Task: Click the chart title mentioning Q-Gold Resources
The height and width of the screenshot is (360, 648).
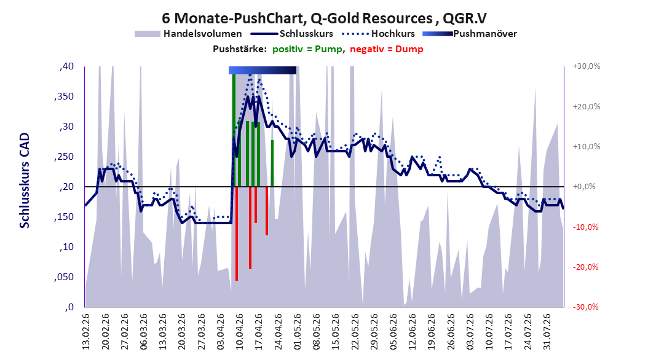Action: pyautogui.click(x=324, y=18)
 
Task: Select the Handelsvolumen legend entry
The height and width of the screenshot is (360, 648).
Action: pyautogui.click(x=189, y=34)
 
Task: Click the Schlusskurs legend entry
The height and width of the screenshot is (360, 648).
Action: pyautogui.click(x=292, y=34)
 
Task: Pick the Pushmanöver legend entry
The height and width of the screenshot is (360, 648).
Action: pyautogui.click(x=470, y=34)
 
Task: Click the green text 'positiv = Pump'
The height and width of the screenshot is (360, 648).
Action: pyautogui.click(x=307, y=49)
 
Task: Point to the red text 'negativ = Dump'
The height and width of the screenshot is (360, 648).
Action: pyautogui.click(x=387, y=49)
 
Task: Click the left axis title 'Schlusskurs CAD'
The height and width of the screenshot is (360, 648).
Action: pyautogui.click(x=25, y=181)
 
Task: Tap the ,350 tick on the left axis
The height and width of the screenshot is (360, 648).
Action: pyautogui.click(x=64, y=96)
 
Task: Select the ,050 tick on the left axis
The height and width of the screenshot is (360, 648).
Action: pyautogui.click(x=64, y=277)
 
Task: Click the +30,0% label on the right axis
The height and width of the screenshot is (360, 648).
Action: pyautogui.click(x=587, y=66)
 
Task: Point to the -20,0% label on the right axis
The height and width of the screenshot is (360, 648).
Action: pyautogui.click(x=585, y=267)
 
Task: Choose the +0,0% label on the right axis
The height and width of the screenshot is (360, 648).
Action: pyautogui.click(x=584, y=187)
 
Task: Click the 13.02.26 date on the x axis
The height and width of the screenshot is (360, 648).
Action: pyautogui.click(x=86, y=332)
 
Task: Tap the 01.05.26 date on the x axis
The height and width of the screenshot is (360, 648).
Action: pyautogui.click(x=297, y=332)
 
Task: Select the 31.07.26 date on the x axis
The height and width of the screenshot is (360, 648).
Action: pyautogui.click(x=547, y=332)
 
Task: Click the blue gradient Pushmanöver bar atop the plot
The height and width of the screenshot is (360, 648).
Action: pyautogui.click(x=263, y=70)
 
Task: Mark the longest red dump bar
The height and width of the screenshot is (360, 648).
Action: pyautogui.click(x=237, y=233)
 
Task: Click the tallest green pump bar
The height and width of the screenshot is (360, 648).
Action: pyautogui.click(x=234, y=130)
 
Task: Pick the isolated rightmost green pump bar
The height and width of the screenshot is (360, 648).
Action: pyautogui.click(x=272, y=163)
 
